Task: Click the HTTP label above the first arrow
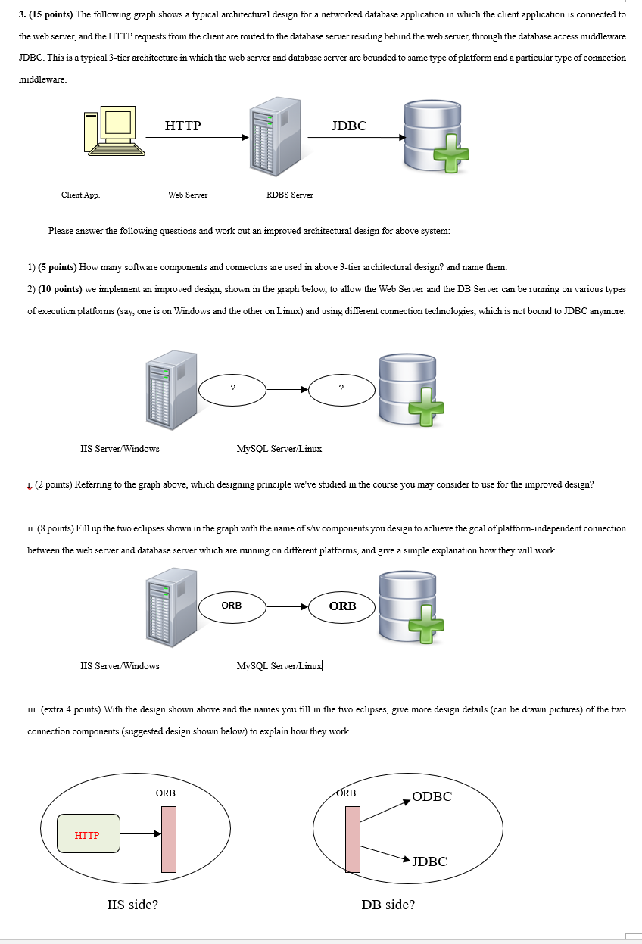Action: pyautogui.click(x=182, y=126)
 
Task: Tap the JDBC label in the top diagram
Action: pyautogui.click(x=349, y=126)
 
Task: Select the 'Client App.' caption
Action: pyautogui.click(x=80, y=195)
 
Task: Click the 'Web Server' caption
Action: pyautogui.click(x=188, y=195)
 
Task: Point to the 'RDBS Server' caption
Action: pyautogui.click(x=289, y=195)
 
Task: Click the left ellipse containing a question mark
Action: pyautogui.click(x=232, y=389)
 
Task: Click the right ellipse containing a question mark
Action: pyautogui.click(x=341, y=389)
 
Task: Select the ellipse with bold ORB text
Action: pyautogui.click(x=342, y=606)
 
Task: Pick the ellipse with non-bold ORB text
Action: pyautogui.click(x=232, y=606)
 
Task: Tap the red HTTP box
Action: pyautogui.click(x=88, y=833)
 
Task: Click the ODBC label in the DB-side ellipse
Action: pyautogui.click(x=432, y=796)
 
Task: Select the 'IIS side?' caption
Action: pyautogui.click(x=133, y=904)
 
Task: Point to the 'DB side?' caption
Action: pyautogui.click(x=388, y=904)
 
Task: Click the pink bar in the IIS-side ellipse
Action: pyautogui.click(x=168, y=839)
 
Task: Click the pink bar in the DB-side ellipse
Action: pyautogui.click(x=353, y=839)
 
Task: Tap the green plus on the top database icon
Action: pyautogui.click(x=450, y=155)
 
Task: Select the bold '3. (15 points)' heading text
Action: pyautogui.click(x=47, y=14)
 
